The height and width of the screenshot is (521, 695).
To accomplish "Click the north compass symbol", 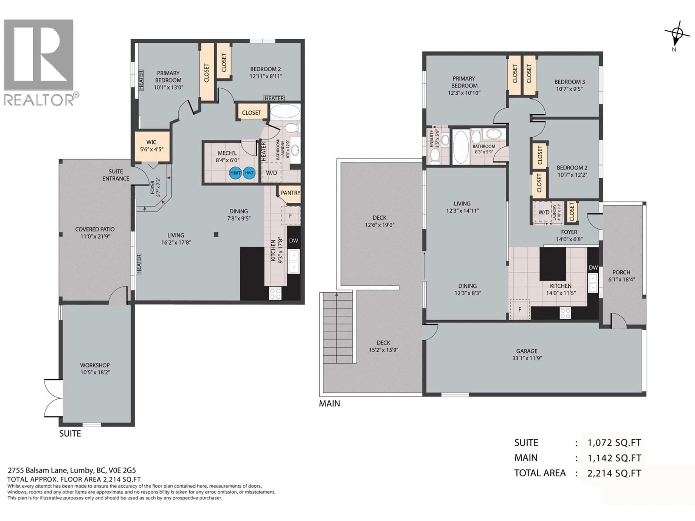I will [675, 34].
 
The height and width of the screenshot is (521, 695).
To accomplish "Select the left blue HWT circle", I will [235, 173].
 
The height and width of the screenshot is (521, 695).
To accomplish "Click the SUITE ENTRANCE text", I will [116, 175].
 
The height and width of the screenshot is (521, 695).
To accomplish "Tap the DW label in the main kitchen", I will [593, 268].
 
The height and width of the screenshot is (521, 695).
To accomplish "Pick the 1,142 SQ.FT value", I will [614, 458].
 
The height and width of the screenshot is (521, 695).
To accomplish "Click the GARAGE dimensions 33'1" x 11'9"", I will [527, 358].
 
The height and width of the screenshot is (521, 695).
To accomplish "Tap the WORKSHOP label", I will [95, 365].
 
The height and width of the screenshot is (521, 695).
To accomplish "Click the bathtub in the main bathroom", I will [461, 147].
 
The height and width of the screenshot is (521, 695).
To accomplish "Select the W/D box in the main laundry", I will [544, 212].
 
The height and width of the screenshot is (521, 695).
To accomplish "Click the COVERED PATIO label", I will [95, 229].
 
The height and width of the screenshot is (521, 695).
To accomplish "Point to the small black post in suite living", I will [216, 234].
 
